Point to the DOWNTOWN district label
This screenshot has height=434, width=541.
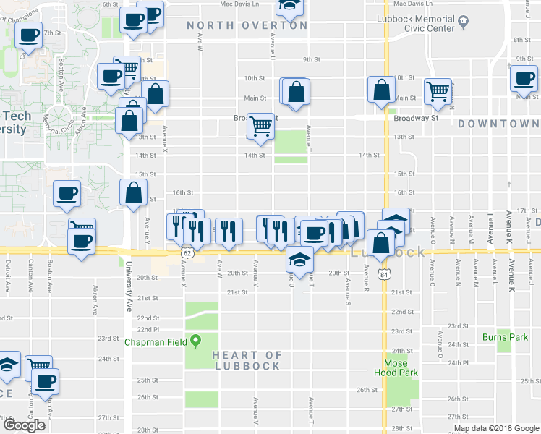pyautogui.click(x=498, y=124)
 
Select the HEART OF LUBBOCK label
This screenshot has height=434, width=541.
pyautogui.click(x=247, y=360)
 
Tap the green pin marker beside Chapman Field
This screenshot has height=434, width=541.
pyautogui.click(x=195, y=342)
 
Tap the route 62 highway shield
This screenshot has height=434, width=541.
pyautogui.click(x=187, y=254)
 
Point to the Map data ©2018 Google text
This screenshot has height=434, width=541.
pyautogui.click(x=496, y=428)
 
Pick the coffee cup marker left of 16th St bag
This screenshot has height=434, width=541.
pyautogui.click(x=67, y=192)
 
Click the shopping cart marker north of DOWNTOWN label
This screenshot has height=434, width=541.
pyautogui.click(x=438, y=90)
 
